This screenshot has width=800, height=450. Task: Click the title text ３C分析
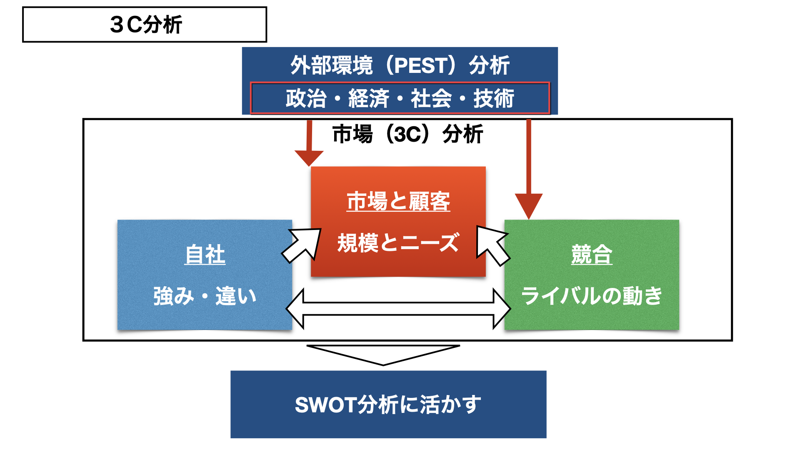point(146,25)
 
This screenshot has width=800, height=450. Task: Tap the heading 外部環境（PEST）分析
point(400,65)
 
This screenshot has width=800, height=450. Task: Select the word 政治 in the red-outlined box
point(306,99)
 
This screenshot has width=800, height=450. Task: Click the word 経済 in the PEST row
point(368,99)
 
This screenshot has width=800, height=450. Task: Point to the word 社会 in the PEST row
point(431,99)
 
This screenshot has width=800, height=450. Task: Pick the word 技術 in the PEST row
point(494,99)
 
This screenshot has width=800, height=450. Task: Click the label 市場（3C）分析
point(408,134)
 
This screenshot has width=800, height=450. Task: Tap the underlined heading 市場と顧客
point(398,201)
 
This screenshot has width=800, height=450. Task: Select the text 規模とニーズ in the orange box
point(398,243)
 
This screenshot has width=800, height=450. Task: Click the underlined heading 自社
point(205,255)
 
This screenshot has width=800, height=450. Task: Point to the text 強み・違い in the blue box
point(205,296)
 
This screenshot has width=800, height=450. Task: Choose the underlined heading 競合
point(592,255)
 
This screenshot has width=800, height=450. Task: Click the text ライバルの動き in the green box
point(592,296)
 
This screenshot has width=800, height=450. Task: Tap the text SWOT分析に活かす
point(388,405)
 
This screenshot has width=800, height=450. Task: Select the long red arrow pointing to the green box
point(529,169)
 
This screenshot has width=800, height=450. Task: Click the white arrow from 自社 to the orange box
point(302,245)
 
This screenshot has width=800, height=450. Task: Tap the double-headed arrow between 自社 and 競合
point(398,309)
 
